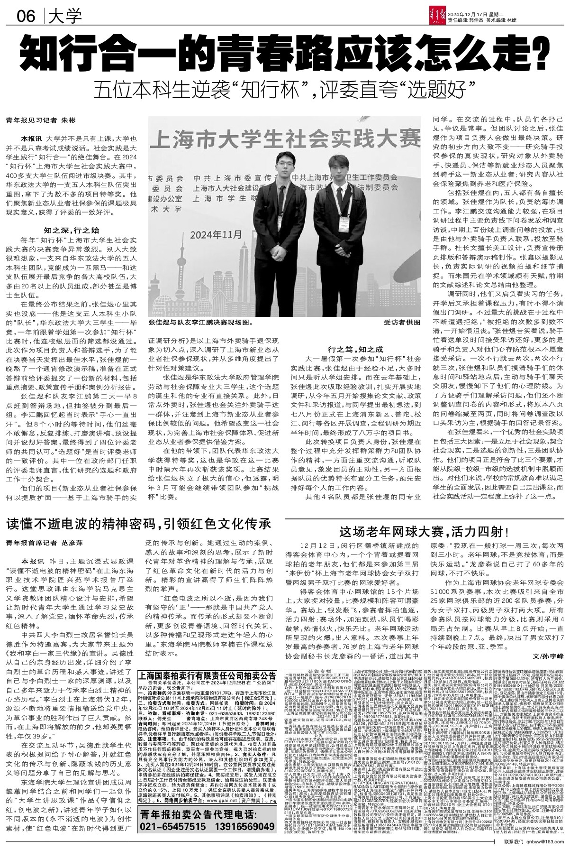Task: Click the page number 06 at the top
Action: coord(26,17)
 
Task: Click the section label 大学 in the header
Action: coord(65,17)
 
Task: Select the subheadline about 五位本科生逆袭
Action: coord(284,89)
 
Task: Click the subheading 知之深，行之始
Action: coord(72,231)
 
